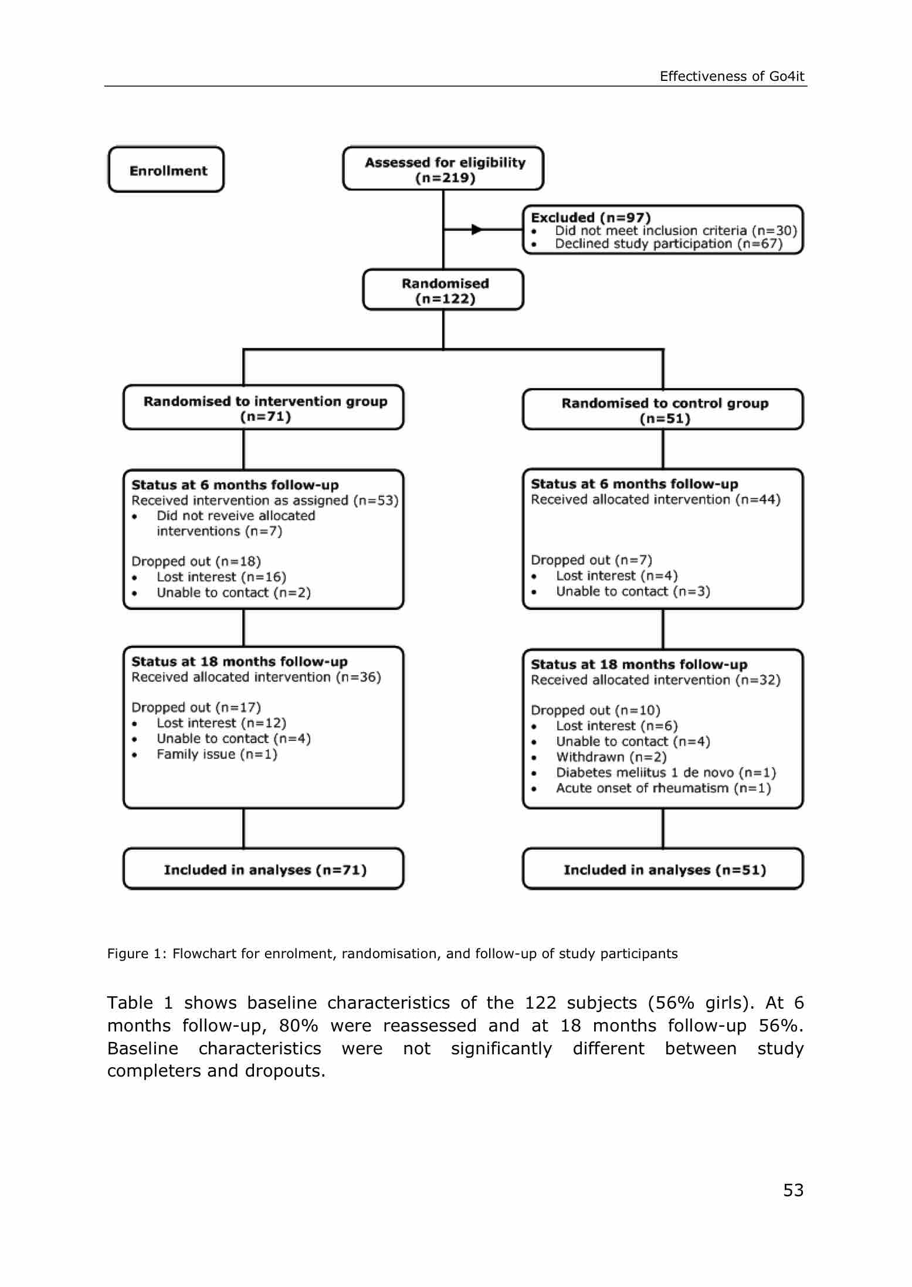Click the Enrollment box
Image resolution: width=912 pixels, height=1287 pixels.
pyautogui.click(x=167, y=170)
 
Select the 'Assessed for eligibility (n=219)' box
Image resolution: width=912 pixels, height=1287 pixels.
pyautogui.click(x=443, y=169)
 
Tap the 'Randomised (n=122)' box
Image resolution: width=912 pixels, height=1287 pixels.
pyautogui.click(x=443, y=291)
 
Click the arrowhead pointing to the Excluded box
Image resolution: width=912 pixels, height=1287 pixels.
pyautogui.click(x=477, y=229)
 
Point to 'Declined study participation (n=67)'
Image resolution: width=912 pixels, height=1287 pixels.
pyautogui.click(x=669, y=244)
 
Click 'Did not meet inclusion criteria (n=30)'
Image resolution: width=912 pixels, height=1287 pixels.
pyautogui.click(x=676, y=230)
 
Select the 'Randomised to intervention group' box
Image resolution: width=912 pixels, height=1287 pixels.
pyautogui.click(x=264, y=408)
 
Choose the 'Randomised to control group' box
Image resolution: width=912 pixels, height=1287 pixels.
pyautogui.click(x=663, y=410)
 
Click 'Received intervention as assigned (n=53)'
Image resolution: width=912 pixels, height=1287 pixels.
pyautogui.click(x=265, y=501)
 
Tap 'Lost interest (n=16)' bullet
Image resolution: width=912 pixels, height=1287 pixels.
pyautogui.click(x=221, y=577)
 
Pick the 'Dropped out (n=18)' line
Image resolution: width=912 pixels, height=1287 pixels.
pyautogui.click(x=196, y=561)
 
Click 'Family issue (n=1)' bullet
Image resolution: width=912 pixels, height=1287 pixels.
pyautogui.click(x=216, y=754)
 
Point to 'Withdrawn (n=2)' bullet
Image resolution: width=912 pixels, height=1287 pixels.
pyautogui.click(x=611, y=757)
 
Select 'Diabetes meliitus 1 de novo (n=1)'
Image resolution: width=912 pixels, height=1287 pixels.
pyautogui.click(x=666, y=772)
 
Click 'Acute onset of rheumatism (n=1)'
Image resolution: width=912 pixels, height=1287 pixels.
pyautogui.click(x=663, y=788)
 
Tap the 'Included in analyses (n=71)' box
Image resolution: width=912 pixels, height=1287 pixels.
pyautogui.click(x=264, y=870)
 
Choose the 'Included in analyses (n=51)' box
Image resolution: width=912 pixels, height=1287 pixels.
pyautogui.click(x=663, y=870)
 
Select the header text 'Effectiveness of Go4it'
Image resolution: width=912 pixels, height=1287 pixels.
pyautogui.click(x=732, y=76)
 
